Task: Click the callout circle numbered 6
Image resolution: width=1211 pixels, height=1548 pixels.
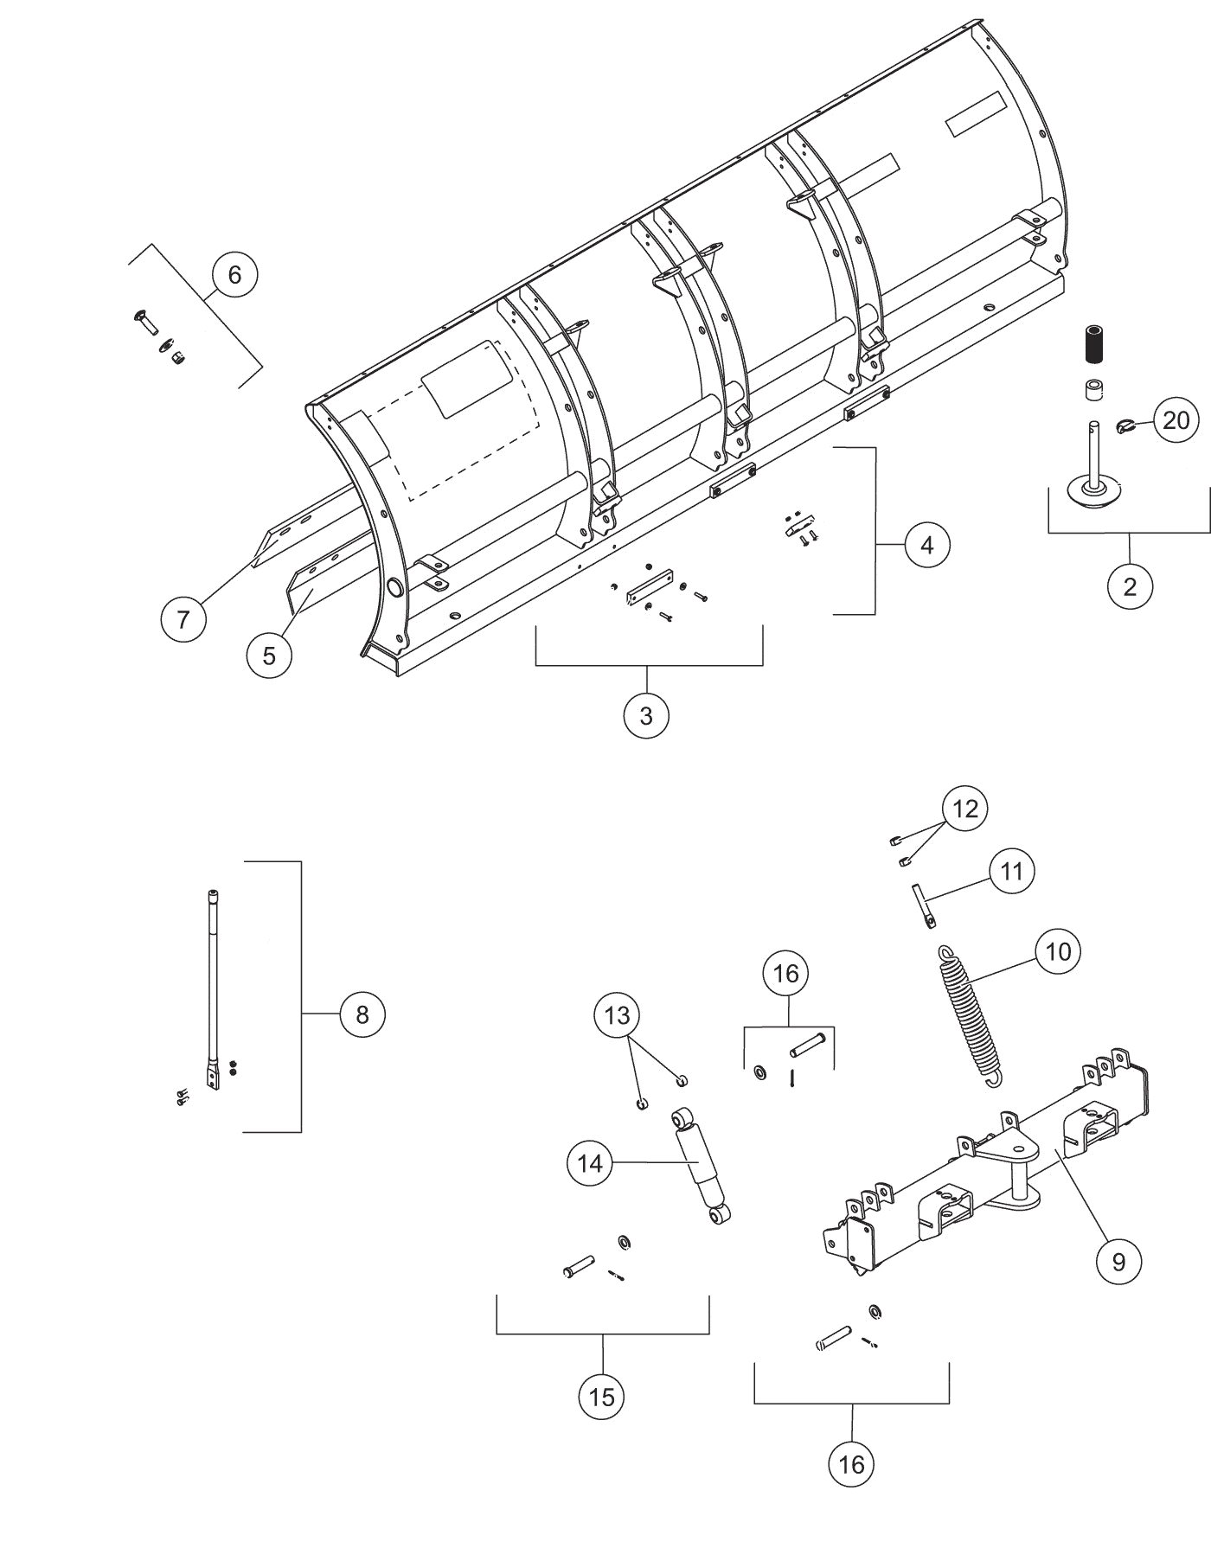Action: (234, 275)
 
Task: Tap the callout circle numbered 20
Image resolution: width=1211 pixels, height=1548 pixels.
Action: (1176, 421)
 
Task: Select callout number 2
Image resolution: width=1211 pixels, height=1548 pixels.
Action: (1130, 587)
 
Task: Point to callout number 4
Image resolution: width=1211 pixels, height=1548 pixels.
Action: (927, 546)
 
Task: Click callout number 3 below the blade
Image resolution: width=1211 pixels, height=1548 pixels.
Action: (646, 716)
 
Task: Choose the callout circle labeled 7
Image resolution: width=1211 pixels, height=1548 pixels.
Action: (183, 619)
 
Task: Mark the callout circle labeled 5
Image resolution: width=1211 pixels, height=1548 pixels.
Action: (269, 656)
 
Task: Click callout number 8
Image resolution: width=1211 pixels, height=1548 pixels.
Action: (362, 1014)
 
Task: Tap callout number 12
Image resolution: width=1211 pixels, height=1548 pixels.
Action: (965, 809)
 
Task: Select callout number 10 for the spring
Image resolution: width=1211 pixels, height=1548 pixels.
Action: (1058, 952)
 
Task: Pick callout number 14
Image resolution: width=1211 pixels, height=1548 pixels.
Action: (590, 1164)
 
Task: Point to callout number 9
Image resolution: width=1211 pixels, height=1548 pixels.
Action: (1118, 1263)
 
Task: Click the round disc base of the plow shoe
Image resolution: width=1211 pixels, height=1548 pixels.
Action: (1094, 492)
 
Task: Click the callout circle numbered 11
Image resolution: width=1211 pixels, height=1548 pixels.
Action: (1011, 871)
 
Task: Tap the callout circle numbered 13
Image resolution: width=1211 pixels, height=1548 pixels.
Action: (618, 1014)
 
